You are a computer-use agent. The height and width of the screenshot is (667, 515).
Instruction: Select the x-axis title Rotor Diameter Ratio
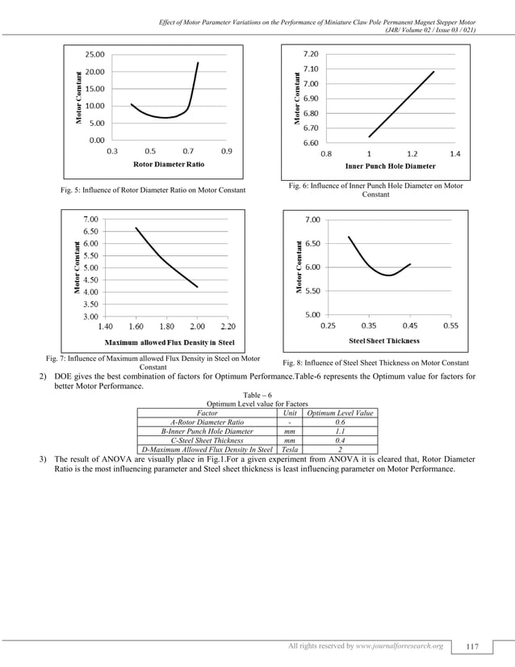click(x=168, y=164)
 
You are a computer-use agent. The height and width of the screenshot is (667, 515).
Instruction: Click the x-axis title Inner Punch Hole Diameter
click(x=390, y=166)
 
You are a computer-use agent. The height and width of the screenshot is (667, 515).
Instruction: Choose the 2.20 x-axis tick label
click(x=227, y=327)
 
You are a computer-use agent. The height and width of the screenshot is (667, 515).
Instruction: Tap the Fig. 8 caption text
click(x=375, y=363)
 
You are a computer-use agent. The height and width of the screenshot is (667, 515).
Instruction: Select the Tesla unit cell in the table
click(x=289, y=450)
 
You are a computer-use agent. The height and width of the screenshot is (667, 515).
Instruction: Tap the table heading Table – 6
click(x=257, y=395)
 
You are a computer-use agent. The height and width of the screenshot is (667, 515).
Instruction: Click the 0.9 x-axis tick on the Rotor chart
click(x=226, y=151)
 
